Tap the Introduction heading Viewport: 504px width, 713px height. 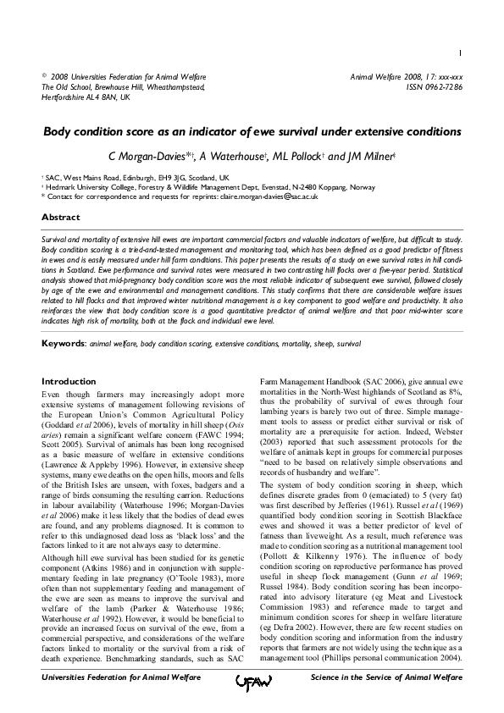tap(69, 382)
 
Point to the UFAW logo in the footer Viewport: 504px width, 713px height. tap(252, 679)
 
